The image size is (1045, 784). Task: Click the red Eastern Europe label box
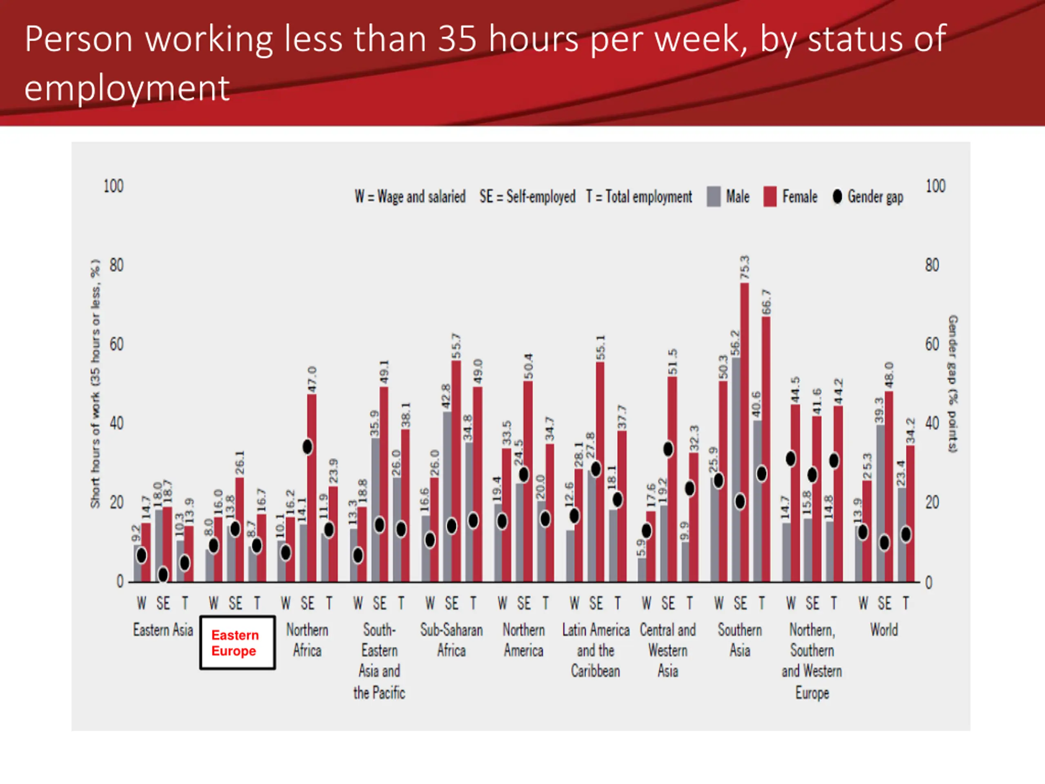tap(237, 643)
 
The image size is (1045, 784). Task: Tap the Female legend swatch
tap(769, 196)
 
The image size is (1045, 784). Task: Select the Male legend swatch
tap(714, 196)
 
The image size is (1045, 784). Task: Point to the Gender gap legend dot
tap(837, 196)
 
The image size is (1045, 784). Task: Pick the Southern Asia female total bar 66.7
tap(766, 449)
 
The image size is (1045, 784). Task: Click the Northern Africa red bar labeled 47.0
tap(312, 487)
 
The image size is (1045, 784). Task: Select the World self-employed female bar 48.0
tap(889, 487)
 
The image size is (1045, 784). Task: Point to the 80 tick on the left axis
tap(116, 265)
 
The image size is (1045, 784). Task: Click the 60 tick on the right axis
tap(932, 345)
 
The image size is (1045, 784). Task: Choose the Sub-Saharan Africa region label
tap(451, 640)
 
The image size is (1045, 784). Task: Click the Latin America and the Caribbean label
tap(596, 650)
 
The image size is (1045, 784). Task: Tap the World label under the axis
tap(884, 630)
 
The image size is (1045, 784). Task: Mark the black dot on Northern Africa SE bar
tap(307, 447)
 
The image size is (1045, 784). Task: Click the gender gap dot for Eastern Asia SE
tap(163, 575)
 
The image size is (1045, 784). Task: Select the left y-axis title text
tap(96, 383)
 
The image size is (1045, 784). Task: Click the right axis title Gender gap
tap(953, 383)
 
